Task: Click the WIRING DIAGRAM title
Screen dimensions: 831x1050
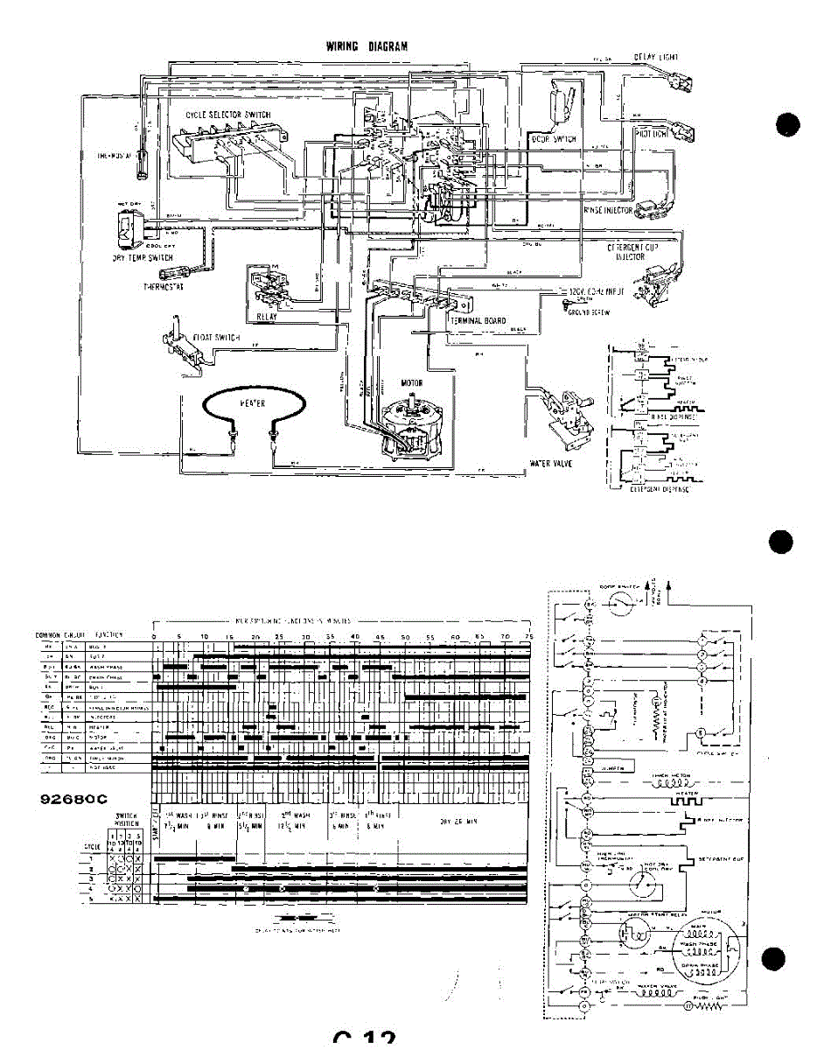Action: pyautogui.click(x=367, y=46)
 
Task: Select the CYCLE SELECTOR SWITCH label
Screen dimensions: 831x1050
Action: pyautogui.click(x=228, y=115)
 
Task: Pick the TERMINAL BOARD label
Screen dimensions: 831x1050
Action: pyautogui.click(x=478, y=321)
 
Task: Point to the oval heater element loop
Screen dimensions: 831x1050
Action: pyautogui.click(x=254, y=407)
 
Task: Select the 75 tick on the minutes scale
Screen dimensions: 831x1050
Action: pyautogui.click(x=528, y=636)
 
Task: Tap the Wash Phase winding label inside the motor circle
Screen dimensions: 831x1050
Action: pyautogui.click(x=701, y=946)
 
